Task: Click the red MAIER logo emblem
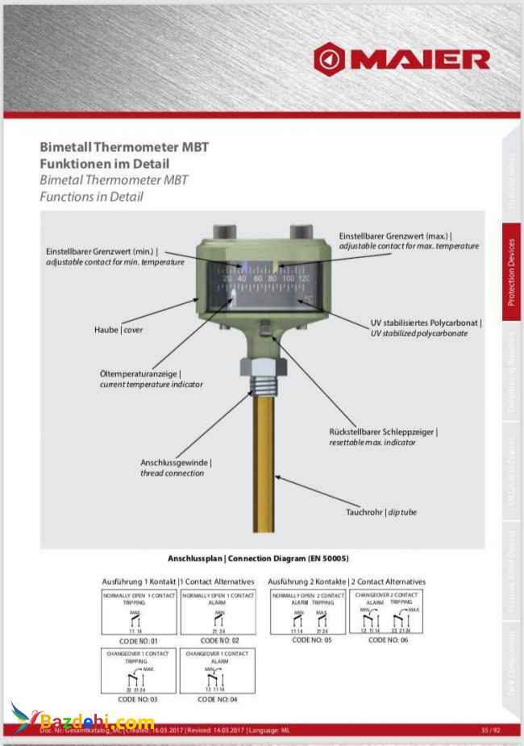331,58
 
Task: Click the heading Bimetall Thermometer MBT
124,148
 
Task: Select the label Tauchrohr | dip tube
381,511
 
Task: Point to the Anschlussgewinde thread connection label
176,468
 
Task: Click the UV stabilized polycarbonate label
426,327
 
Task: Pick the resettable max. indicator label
383,437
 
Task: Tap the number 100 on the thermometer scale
288,278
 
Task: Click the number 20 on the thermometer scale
228,278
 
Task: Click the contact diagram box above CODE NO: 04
218,670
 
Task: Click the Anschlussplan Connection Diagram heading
258,558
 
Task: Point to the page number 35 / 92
490,729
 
